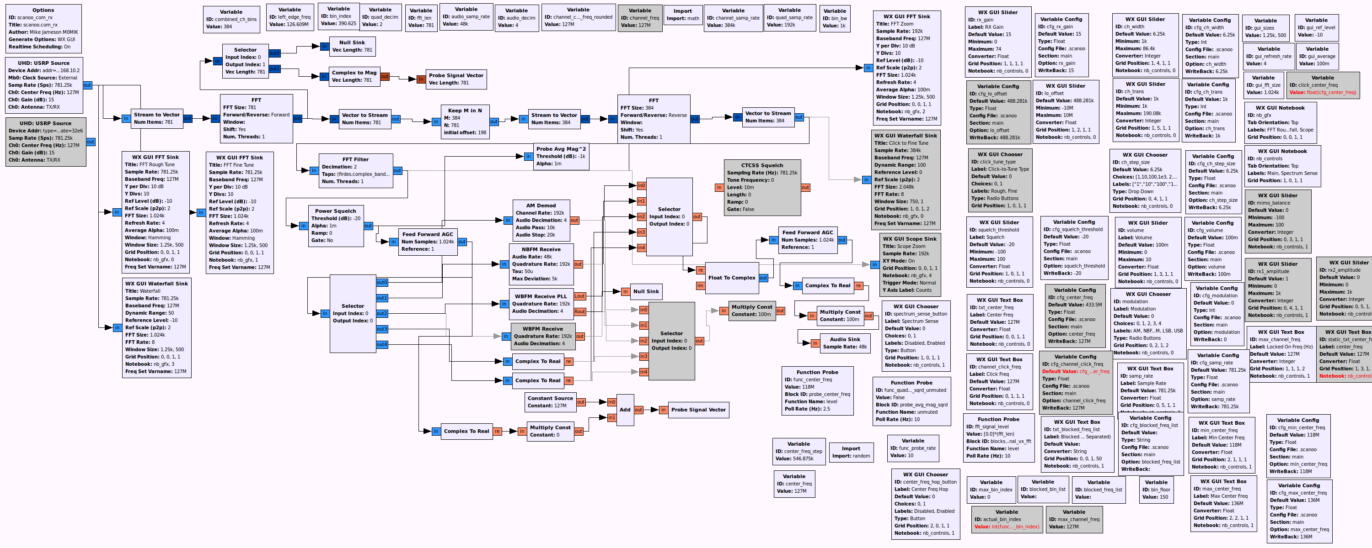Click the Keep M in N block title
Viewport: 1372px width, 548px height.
point(465,111)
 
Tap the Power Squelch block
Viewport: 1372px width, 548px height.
point(336,226)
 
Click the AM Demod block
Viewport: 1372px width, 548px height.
point(541,220)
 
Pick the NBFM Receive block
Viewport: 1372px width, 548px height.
point(541,264)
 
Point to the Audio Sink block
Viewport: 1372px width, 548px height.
point(844,342)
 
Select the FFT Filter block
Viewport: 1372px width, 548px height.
point(355,170)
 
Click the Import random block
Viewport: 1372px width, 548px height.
point(851,452)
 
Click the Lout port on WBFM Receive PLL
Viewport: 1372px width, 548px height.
point(579,296)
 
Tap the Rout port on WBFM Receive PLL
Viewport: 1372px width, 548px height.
point(579,312)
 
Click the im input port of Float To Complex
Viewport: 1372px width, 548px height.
point(700,286)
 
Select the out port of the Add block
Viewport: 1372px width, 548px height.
point(638,410)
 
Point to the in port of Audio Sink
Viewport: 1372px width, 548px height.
point(815,343)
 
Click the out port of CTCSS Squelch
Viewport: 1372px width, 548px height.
point(805,187)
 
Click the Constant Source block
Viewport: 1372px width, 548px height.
point(550,402)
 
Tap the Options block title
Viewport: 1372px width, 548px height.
point(43,10)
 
